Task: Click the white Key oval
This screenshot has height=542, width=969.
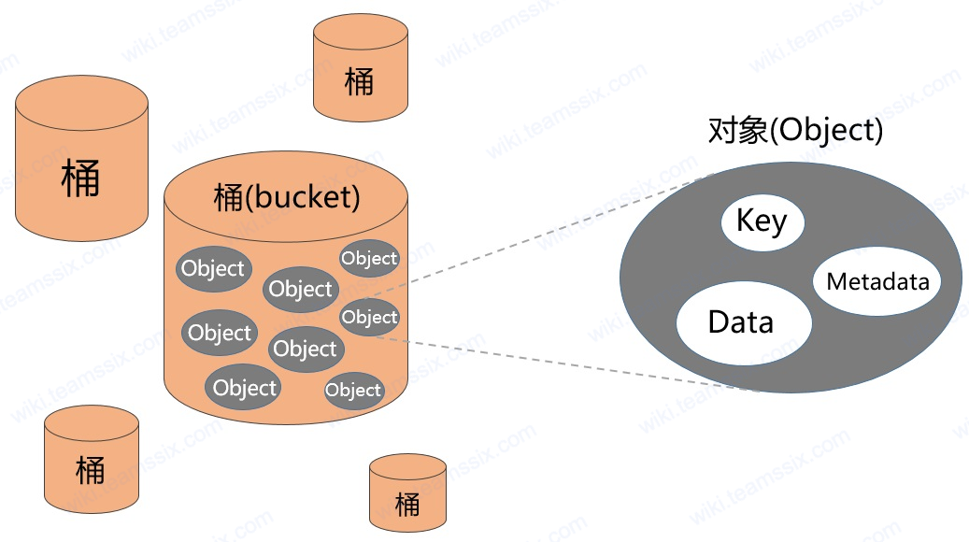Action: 762,221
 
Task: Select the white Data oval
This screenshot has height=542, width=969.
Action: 744,322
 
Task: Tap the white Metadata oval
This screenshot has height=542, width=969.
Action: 876,282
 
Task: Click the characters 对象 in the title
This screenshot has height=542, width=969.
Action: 738,130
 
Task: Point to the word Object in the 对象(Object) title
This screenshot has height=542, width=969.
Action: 828,131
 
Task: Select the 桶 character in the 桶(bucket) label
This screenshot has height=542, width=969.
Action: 229,198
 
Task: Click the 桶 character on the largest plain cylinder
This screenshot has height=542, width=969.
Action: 80,178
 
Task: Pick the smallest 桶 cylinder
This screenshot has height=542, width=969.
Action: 407,493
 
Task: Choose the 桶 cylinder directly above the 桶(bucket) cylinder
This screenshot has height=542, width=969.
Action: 361,67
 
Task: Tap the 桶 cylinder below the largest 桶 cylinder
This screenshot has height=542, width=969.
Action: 92,459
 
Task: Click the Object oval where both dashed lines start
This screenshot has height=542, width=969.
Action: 369,317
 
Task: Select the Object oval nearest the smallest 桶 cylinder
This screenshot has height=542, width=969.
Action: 353,390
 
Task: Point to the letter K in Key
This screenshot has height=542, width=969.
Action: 746,220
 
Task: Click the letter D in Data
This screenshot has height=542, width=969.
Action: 719,322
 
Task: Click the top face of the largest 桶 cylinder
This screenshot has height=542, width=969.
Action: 81,103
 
